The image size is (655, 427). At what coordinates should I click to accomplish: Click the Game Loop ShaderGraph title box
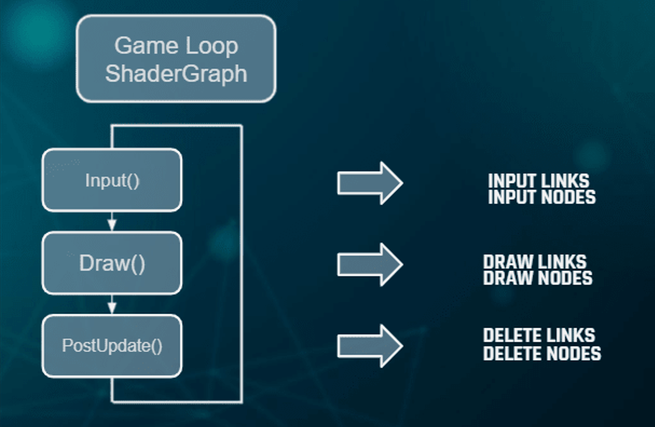(x=176, y=58)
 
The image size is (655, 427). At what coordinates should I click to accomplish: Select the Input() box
(x=112, y=181)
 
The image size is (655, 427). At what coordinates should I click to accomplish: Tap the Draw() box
(x=112, y=264)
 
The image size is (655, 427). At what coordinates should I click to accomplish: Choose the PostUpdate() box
(x=112, y=346)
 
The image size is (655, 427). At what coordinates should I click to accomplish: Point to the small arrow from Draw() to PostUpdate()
(x=111, y=305)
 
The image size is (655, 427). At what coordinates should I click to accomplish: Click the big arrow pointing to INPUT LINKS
(x=370, y=183)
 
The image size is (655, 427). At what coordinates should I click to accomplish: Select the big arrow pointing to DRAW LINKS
(x=370, y=264)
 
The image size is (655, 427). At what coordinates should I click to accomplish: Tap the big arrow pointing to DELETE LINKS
(x=370, y=346)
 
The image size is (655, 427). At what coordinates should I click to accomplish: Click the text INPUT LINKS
(x=538, y=181)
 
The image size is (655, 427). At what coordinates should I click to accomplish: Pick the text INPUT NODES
(x=541, y=197)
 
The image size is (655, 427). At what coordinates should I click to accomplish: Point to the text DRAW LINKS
(x=534, y=262)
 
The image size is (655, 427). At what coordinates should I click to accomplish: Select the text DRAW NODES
(x=538, y=278)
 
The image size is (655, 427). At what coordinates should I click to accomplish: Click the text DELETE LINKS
(x=539, y=335)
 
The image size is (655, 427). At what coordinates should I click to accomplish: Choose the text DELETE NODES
(x=542, y=353)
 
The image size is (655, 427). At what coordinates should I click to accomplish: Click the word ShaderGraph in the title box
(x=176, y=73)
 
